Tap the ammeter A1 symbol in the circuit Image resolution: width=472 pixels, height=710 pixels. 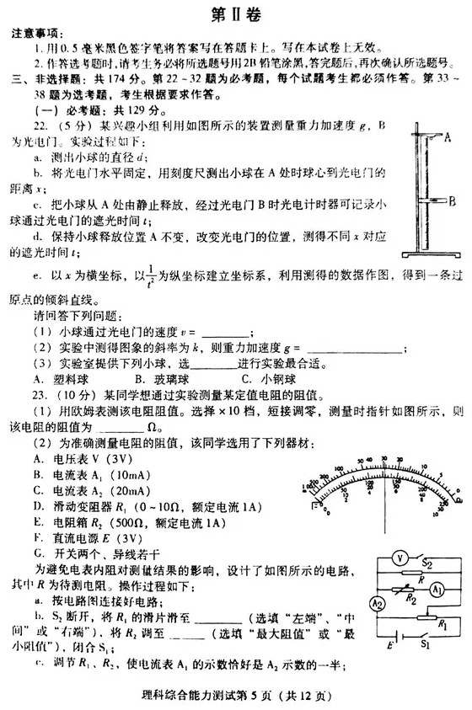point(437,590)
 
